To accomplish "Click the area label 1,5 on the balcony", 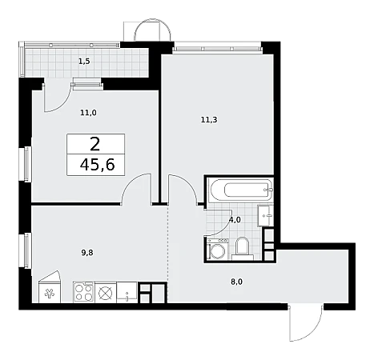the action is pos(84,62).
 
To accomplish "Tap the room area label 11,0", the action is pos(88,113).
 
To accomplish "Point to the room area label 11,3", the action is pos(209,120).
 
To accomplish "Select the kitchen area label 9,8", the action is pos(87,253).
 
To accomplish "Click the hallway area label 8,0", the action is pos(236,282).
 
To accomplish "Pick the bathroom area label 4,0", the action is pos(235,220).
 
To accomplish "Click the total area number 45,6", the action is pos(98,164).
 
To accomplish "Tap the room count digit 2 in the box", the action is pos(95,144).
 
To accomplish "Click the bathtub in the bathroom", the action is pos(241,190).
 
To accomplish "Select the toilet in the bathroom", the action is pos(243,249).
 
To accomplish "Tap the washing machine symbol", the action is pos(218,249).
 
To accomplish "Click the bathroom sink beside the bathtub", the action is pos(266,215).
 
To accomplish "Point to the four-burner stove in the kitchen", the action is pos(83,292).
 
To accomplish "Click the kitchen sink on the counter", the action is pos(127,292).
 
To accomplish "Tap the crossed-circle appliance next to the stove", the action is pos(106,293).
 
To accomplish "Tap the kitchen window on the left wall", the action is pos(27,250).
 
